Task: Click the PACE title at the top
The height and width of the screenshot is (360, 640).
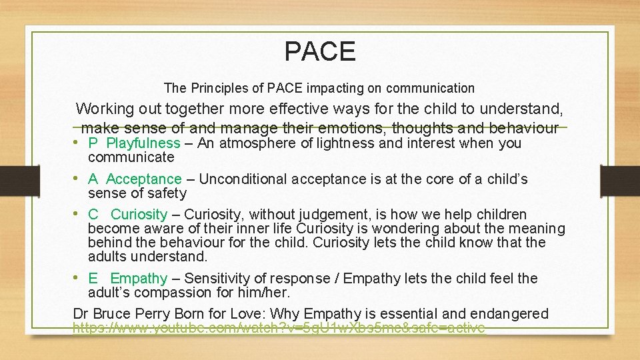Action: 320,51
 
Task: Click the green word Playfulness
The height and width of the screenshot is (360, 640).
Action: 143,143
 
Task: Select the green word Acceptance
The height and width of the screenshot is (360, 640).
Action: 143,179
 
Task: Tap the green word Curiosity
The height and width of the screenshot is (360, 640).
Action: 139,215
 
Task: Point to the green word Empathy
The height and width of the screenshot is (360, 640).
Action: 139,279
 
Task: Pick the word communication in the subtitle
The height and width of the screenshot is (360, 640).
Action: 430,88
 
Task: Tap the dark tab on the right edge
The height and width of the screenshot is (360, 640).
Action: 620,180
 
